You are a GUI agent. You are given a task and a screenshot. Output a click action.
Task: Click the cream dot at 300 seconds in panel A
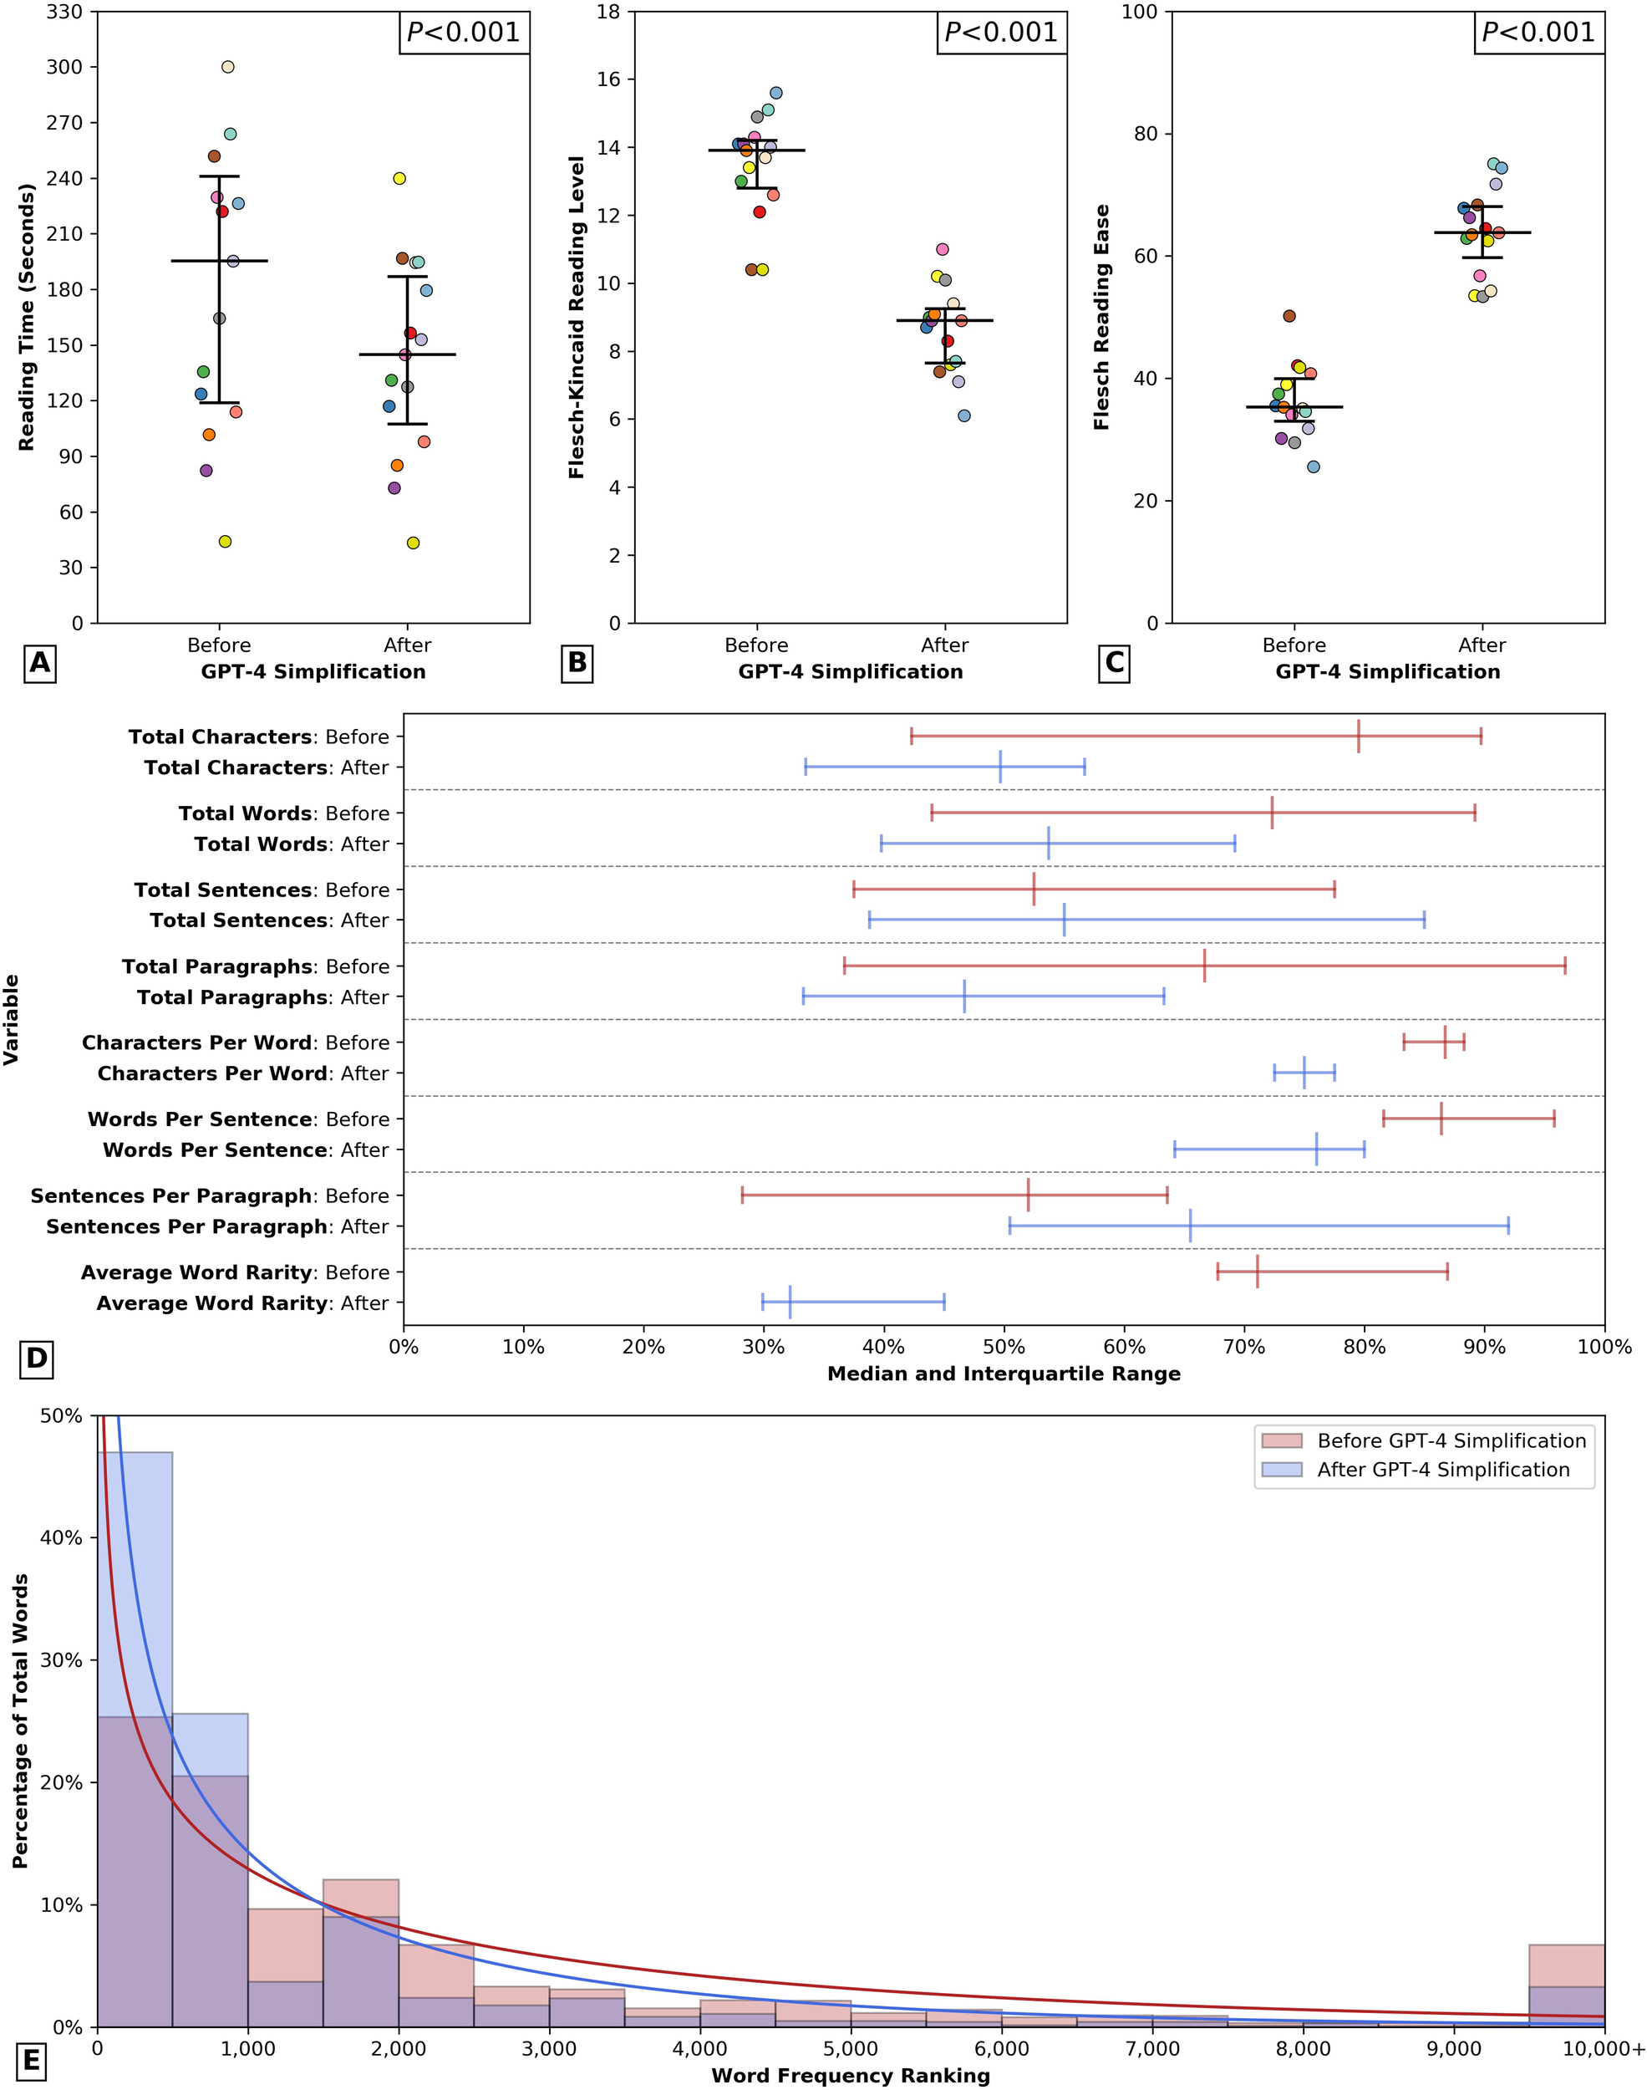point(227,67)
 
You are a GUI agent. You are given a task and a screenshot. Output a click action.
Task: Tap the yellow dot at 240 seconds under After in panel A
point(399,178)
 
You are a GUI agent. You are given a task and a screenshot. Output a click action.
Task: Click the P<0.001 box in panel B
point(1000,33)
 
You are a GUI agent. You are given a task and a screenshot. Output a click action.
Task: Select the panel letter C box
point(1114,663)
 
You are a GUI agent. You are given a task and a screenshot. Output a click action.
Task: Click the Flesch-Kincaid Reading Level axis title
point(577,316)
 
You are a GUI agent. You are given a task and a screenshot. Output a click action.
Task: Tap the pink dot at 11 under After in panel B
point(942,249)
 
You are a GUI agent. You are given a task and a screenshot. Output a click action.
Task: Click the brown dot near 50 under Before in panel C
point(1289,315)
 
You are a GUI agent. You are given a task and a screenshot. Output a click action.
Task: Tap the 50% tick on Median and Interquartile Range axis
point(1004,1347)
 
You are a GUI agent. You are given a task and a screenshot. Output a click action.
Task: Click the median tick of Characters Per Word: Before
point(1445,1042)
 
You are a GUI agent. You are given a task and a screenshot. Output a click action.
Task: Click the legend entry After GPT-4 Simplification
point(1442,1469)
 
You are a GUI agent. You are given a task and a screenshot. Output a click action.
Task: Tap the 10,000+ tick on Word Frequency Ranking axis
point(1604,2047)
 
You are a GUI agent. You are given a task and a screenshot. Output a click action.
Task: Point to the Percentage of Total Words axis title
point(20,1721)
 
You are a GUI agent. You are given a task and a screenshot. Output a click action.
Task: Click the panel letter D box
point(37,1359)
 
